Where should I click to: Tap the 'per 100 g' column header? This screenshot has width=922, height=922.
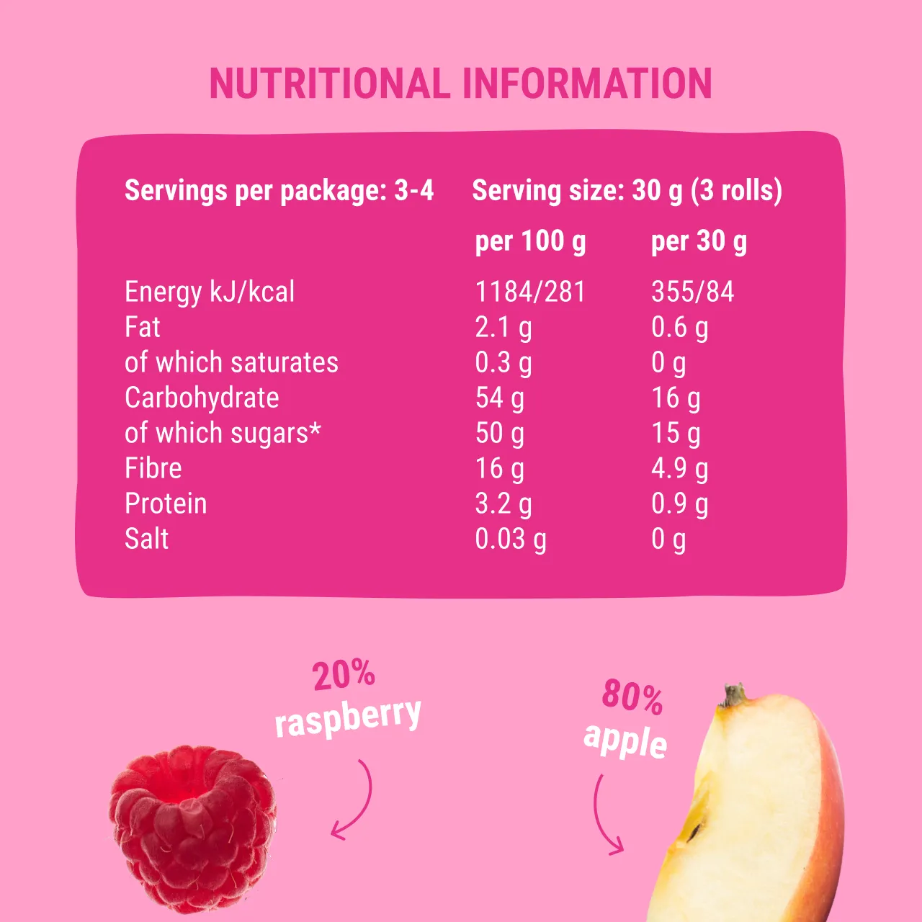tap(530, 241)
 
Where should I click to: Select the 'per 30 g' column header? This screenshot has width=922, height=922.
tap(699, 241)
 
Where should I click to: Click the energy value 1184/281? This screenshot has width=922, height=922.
tap(530, 292)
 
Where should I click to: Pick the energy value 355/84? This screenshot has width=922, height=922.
tap(692, 292)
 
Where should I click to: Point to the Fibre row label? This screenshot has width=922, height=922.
tap(153, 468)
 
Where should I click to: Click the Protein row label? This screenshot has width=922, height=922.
tap(166, 503)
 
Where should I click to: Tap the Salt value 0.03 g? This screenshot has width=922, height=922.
tap(511, 539)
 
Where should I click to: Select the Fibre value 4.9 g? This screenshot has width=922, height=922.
tap(679, 469)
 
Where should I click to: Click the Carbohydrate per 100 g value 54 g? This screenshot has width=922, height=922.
tap(499, 398)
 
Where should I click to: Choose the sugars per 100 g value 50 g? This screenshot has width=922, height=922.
tap(499, 434)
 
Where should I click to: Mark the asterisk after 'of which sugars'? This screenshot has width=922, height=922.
tap(315, 429)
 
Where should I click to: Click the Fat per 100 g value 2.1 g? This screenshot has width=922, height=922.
tap(503, 328)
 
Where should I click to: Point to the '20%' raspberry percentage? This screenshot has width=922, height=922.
tap(344, 674)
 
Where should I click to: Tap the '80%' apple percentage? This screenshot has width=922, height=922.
tap(632, 696)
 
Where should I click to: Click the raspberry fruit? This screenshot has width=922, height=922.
tap(193, 828)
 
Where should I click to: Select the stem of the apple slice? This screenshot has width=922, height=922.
tap(733, 695)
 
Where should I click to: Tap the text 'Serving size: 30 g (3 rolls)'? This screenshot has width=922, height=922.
tap(627, 191)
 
